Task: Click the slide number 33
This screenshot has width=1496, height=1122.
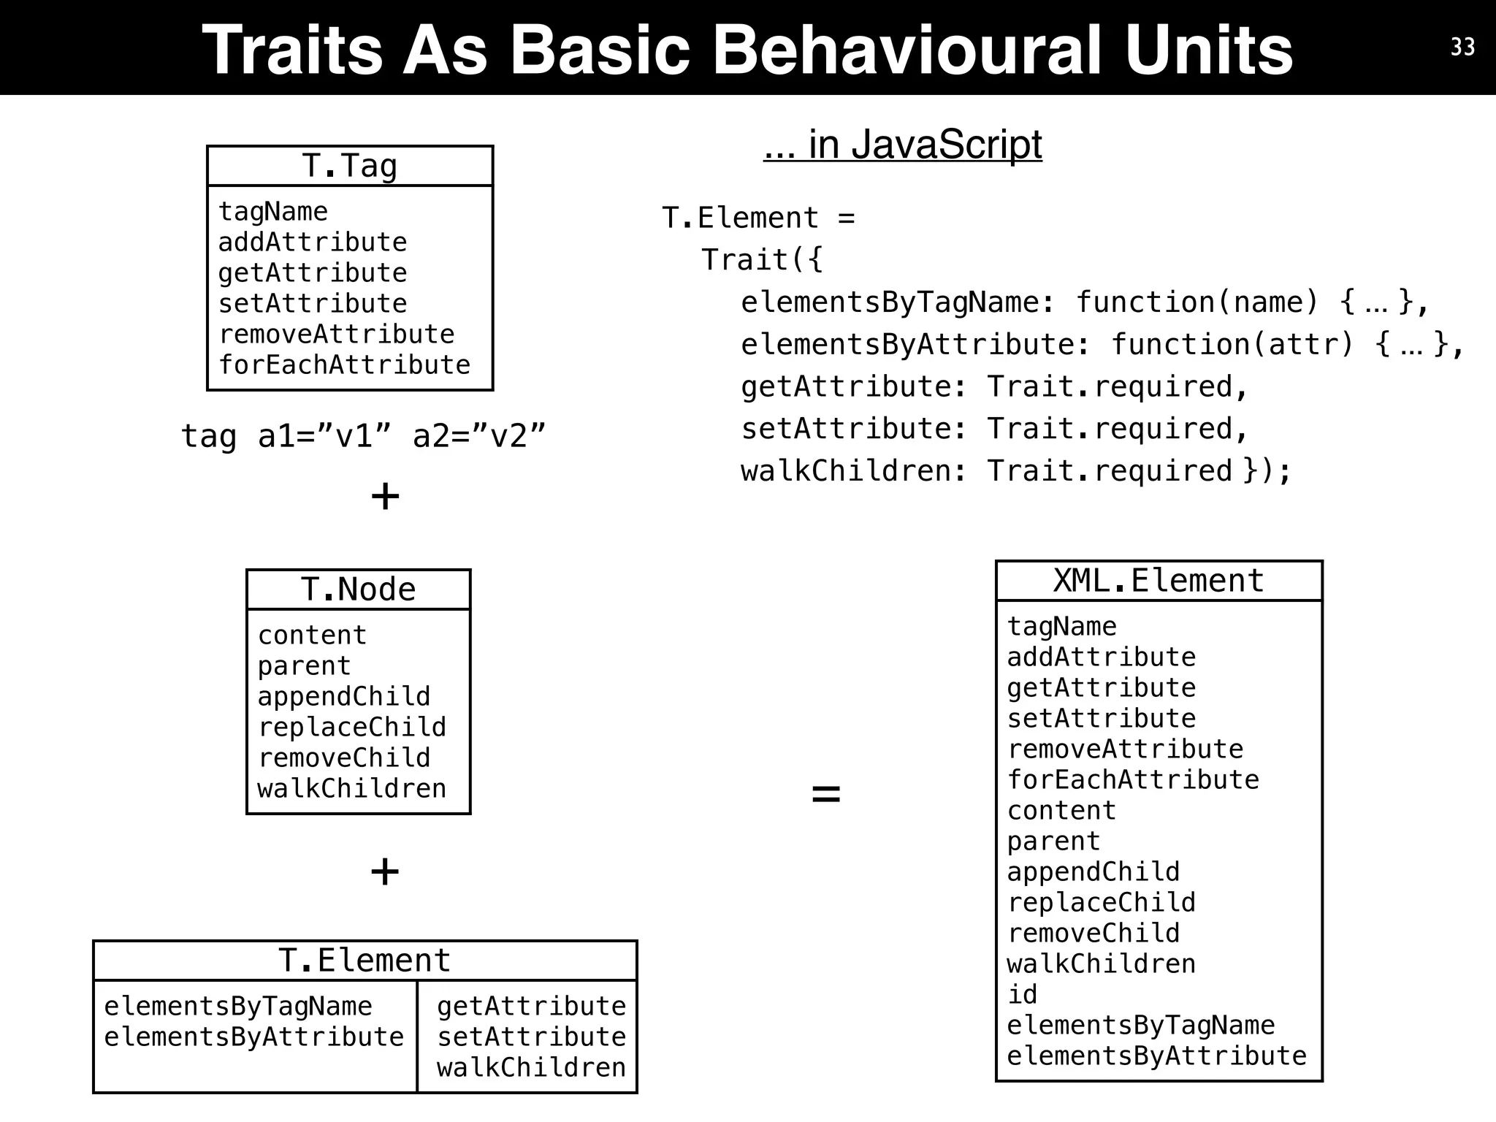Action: coord(1462,47)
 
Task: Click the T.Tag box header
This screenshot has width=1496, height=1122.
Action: coord(349,166)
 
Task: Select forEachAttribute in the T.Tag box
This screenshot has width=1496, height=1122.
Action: coord(344,365)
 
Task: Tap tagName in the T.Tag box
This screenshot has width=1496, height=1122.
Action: coord(273,212)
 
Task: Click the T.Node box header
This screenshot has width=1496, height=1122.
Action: coord(358,589)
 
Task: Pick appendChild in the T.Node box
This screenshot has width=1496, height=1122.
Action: coord(343,696)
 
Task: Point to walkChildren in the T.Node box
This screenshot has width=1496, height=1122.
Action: coord(351,788)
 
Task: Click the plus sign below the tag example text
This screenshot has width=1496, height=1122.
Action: coord(385,497)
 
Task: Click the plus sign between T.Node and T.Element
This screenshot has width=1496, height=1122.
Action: coord(385,871)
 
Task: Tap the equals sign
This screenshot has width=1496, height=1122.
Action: coord(826,793)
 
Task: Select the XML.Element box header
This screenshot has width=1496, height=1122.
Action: coord(1159,581)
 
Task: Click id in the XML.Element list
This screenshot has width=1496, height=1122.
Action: coord(1022,994)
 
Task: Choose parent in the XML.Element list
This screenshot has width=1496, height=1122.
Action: coord(1053,841)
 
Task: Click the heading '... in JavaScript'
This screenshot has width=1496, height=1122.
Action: coord(902,144)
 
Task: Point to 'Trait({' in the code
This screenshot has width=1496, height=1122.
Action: coord(762,259)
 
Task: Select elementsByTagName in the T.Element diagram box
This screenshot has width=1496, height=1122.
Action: coord(238,1006)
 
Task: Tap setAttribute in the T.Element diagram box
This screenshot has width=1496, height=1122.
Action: coord(531,1037)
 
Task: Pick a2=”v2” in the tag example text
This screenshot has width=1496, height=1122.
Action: coord(478,436)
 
